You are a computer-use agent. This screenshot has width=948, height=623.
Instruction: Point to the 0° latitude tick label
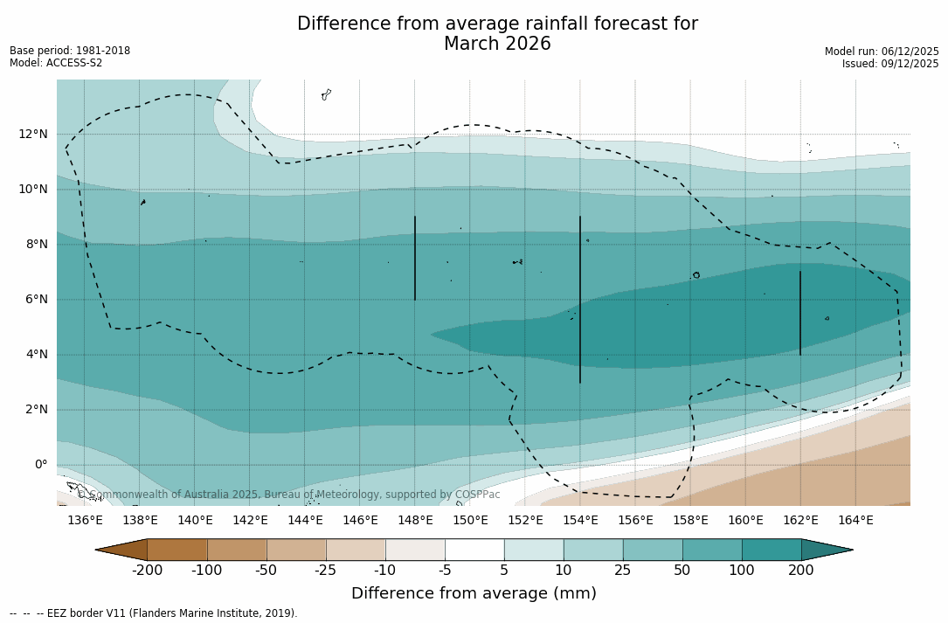pyautogui.click(x=39, y=465)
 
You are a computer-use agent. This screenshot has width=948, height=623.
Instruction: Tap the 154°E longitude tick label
pyautogui.click(x=580, y=521)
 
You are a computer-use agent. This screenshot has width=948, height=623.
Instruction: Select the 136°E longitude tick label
pyautogui.click(x=85, y=521)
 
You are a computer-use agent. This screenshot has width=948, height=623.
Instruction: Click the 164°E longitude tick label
pyautogui.click(x=855, y=521)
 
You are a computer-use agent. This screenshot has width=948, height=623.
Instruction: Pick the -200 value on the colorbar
pyautogui.click(x=147, y=571)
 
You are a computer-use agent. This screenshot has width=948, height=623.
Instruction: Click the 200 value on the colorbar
pyautogui.click(x=801, y=571)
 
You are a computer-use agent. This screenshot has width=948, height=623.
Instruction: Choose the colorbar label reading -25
pyautogui.click(x=326, y=571)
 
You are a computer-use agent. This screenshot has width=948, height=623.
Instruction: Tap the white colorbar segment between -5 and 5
pyautogui.click(x=474, y=550)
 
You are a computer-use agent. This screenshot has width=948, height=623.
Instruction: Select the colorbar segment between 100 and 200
pyautogui.click(x=772, y=550)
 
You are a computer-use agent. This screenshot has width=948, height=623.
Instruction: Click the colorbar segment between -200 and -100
pyautogui.click(x=177, y=550)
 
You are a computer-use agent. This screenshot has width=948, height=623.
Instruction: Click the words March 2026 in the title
pyautogui.click(x=497, y=44)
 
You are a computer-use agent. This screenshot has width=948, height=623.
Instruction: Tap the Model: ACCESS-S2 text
pyautogui.click(x=56, y=63)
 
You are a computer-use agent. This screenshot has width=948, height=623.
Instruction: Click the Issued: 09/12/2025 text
pyautogui.click(x=890, y=64)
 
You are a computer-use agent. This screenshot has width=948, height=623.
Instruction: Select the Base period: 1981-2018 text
pyautogui.click(x=70, y=51)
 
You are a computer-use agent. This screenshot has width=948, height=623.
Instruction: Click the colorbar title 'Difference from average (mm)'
pyautogui.click(x=474, y=594)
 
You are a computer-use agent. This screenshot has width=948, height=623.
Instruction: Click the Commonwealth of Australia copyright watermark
pyautogui.click(x=288, y=495)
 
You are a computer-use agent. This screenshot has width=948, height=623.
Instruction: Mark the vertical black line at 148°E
pyautogui.click(x=415, y=258)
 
